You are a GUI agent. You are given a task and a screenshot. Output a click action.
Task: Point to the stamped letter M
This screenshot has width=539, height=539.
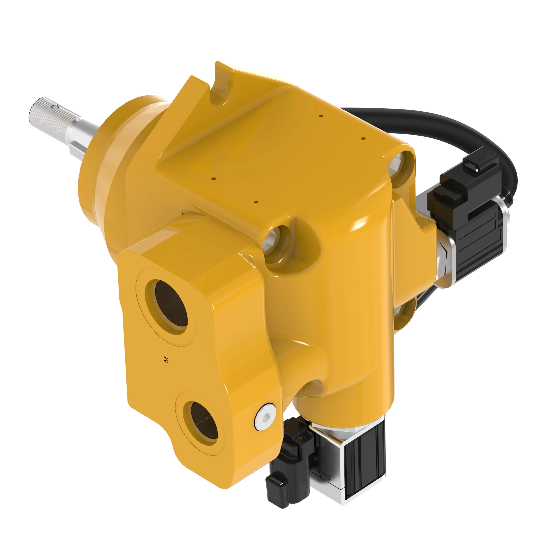[x=167, y=360]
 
